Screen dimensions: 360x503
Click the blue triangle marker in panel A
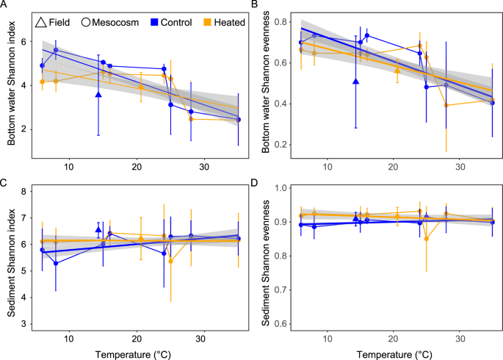pyautogui.click(x=98, y=94)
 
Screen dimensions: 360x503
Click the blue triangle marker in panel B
pyautogui.click(x=355, y=81)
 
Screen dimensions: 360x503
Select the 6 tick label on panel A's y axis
pyautogui.click(x=29, y=42)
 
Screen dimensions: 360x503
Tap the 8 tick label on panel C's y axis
pyautogui.click(x=29, y=192)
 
